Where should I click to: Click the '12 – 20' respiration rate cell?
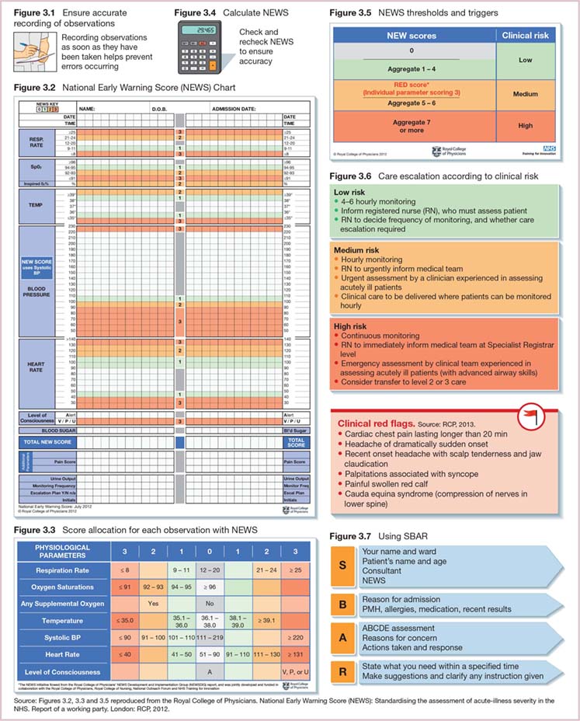[x=209, y=570]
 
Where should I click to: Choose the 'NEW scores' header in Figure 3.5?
[x=412, y=35]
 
